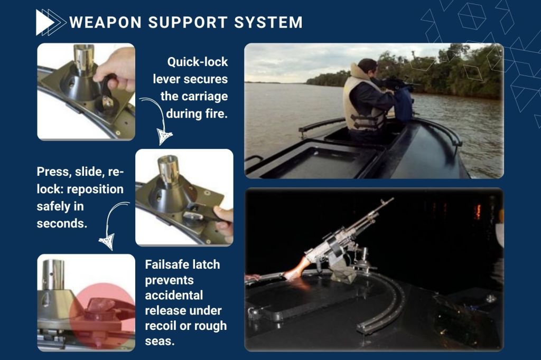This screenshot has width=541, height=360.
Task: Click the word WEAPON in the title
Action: (x=106, y=22)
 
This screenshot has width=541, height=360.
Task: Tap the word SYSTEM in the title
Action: (x=268, y=22)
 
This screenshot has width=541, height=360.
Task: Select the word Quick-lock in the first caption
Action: (x=198, y=62)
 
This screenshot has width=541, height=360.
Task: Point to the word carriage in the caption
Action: (x=204, y=97)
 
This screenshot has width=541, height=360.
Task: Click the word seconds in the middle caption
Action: (x=62, y=223)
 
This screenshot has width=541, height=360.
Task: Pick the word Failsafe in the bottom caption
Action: (x=167, y=264)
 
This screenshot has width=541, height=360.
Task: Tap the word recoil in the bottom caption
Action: (x=162, y=326)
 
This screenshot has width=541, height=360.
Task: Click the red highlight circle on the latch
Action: (x=102, y=316)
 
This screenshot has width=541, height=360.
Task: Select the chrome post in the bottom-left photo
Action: (x=53, y=274)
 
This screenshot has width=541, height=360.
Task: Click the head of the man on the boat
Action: (x=367, y=68)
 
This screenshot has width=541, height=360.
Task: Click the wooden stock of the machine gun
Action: (x=297, y=268)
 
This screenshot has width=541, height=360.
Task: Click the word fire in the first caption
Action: (x=216, y=113)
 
